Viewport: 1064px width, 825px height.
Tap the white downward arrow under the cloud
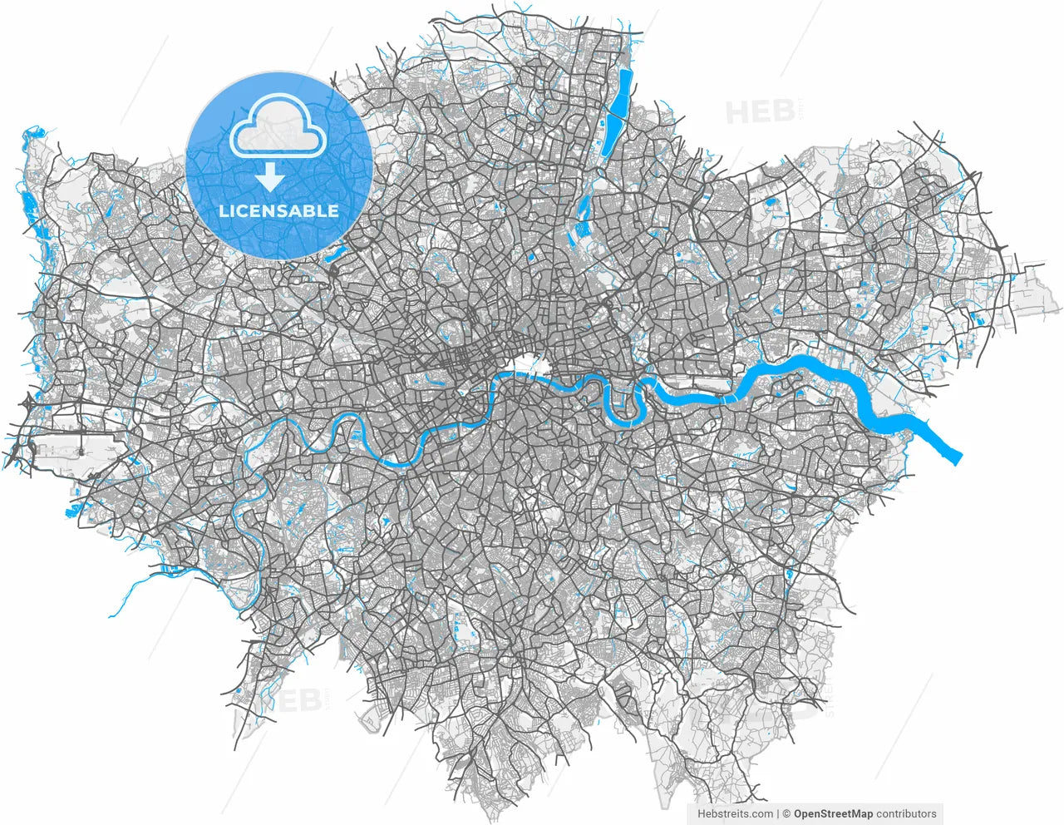pyautogui.click(x=268, y=176)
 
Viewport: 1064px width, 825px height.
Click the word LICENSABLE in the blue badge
pyautogui.click(x=278, y=211)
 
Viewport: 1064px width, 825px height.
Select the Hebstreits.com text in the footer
pyautogui.click(x=735, y=814)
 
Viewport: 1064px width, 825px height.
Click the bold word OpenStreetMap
pyautogui.click(x=833, y=814)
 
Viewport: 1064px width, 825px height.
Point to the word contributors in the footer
pyautogui.click(x=906, y=814)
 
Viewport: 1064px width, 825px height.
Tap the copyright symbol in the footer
pyautogui.click(x=786, y=814)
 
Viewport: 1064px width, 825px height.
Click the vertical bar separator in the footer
pyautogui.click(x=777, y=814)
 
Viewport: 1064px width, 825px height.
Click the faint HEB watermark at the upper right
pyautogui.click(x=761, y=112)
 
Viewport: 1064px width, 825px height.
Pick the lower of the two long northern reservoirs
pyautogui.click(x=612, y=133)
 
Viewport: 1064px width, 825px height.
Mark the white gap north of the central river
pyautogui.click(x=525, y=363)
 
